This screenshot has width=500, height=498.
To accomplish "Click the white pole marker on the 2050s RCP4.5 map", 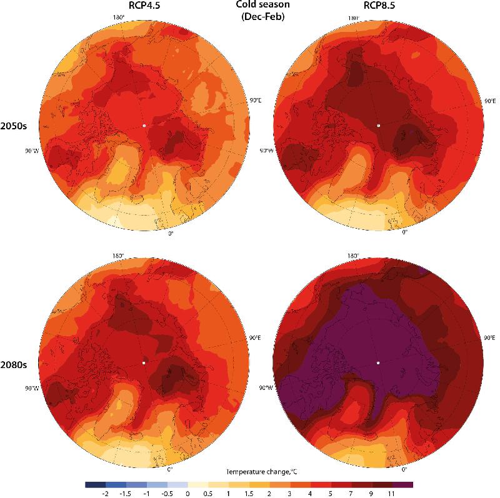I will coord(144,126).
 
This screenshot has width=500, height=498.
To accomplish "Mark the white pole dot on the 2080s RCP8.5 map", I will coord(378,362).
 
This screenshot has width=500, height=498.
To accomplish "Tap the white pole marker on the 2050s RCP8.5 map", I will coord(378,126).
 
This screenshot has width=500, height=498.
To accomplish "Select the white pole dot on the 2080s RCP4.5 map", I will coord(144,362).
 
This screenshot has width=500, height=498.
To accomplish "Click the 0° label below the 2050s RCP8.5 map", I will coord(404,232).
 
